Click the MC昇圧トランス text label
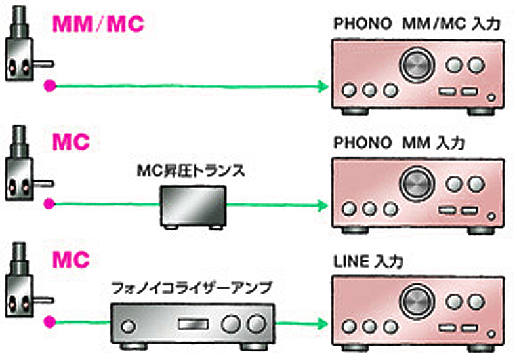click(x=192, y=172)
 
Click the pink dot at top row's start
click(x=48, y=86)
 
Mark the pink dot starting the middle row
click(x=48, y=205)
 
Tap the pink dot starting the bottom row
click(x=48, y=323)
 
